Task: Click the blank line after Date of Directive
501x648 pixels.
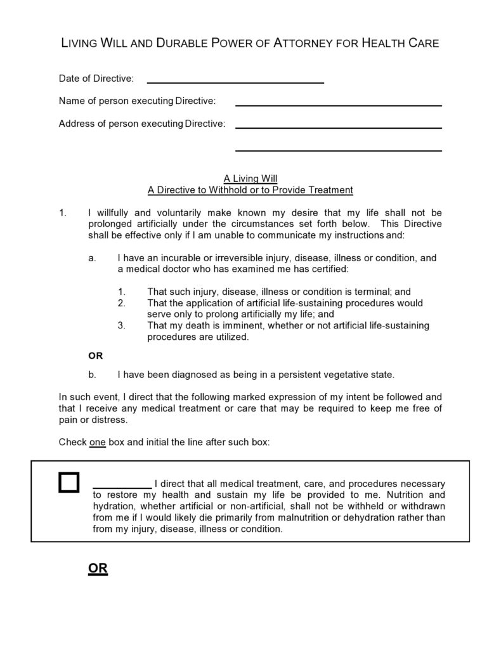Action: tap(235, 82)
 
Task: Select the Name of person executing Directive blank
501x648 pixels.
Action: tap(338, 104)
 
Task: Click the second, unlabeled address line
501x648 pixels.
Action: tap(338, 150)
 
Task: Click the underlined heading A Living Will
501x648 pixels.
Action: tap(251, 179)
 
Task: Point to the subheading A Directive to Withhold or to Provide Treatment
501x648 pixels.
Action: tap(251, 190)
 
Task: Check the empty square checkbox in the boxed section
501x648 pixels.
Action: tap(68, 483)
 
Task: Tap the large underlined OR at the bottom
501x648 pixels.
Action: tap(98, 569)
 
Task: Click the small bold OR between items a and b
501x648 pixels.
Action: tap(95, 356)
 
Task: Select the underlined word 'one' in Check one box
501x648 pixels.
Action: tap(97, 442)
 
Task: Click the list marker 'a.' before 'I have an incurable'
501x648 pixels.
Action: tap(93, 258)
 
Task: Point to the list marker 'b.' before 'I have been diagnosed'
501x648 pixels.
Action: tap(93, 374)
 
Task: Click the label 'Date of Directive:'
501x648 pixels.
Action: tap(96, 79)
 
